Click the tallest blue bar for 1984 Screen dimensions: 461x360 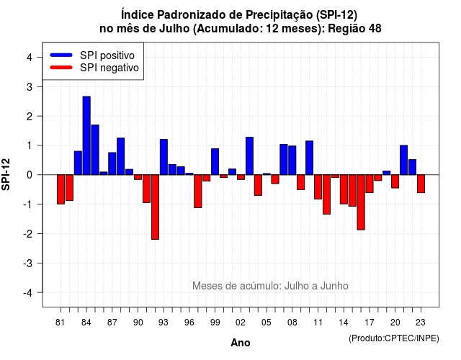coord(86,135)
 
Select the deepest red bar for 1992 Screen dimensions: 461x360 coord(156,207)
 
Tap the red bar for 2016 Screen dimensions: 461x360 coord(361,202)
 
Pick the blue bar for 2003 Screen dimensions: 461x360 coord(250,156)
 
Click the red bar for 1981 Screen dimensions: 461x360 coord(61,189)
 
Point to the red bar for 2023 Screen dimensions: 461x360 coord(421,184)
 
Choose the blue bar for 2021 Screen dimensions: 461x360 coord(404,160)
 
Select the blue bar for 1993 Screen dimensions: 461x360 coord(164,157)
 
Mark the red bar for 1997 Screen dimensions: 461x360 coord(198,192)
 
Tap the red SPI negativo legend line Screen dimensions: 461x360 coord(61,67)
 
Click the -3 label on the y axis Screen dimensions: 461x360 coord(27,263)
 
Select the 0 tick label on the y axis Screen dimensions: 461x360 coord(30,175)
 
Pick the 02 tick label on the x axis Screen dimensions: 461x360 coord(241,323)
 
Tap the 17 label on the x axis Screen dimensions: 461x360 coord(370,323)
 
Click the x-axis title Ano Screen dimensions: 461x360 coord(241,343)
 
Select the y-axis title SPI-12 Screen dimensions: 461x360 coord(6,174)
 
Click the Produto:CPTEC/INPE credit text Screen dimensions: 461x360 coord(394,338)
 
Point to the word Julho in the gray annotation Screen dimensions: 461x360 coord(295,286)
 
